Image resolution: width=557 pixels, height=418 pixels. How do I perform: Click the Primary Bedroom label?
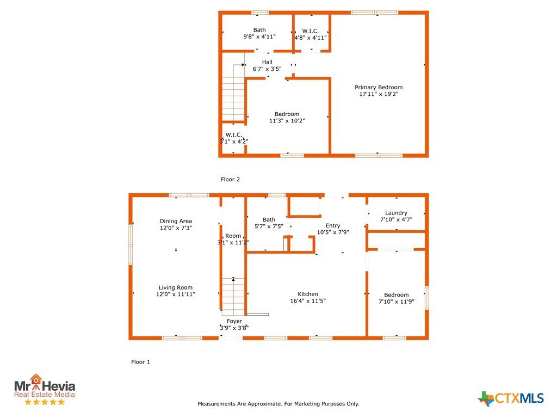379,88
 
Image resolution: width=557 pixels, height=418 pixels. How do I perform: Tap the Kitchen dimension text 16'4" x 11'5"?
308,300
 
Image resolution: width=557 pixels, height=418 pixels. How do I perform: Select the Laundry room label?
396,213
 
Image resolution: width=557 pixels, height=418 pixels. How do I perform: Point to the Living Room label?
176,287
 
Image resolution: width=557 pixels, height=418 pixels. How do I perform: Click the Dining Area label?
176,221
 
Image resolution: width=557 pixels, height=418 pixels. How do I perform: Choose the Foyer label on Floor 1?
234,321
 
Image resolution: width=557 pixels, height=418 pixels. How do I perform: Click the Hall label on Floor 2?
267,62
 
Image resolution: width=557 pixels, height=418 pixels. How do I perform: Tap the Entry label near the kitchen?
333,226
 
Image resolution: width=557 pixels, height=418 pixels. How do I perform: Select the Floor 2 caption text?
230,180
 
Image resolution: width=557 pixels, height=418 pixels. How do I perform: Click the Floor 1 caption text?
141,362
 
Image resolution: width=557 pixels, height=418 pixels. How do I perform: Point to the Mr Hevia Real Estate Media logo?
45,390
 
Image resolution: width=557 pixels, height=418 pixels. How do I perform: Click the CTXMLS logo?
510,398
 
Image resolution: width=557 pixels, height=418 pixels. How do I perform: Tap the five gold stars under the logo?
45,402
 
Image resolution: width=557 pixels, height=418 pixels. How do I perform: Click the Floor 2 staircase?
233,93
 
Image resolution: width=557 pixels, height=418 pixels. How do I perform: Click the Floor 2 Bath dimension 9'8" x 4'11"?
259,36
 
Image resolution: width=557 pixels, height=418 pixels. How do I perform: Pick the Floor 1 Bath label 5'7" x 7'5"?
269,223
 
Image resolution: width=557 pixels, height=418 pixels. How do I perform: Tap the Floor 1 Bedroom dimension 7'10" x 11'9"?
397,302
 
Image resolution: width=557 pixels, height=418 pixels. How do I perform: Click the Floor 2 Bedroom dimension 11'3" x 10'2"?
287,121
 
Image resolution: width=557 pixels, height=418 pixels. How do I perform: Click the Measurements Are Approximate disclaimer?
278,404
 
